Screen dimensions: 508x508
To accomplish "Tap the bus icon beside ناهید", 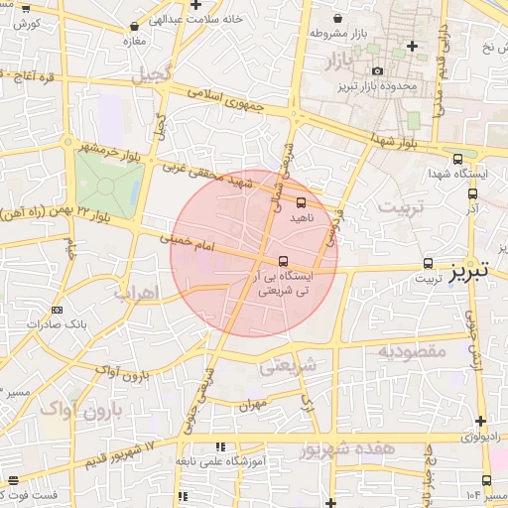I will click(301, 199).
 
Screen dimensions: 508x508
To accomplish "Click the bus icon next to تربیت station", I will click(428, 263).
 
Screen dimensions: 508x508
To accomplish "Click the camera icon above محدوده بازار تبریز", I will click(378, 70).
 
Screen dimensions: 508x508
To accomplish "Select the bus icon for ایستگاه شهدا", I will click(457, 159).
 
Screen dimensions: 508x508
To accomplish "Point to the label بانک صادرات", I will click(57, 323).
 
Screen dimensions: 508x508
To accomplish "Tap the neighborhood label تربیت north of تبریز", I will click(402, 208).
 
